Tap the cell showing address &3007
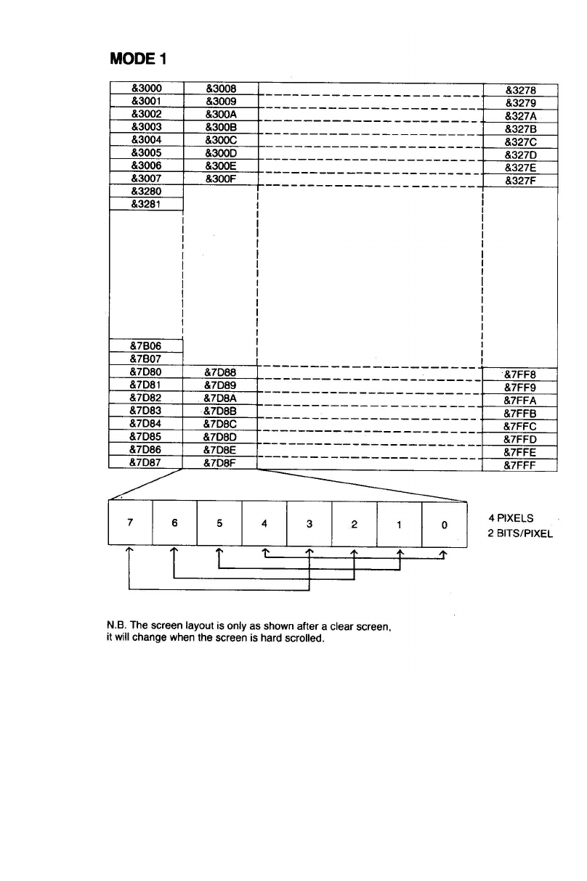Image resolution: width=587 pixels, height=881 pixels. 147,179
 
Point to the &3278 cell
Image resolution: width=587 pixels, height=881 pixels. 519,91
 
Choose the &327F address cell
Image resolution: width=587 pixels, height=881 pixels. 519,182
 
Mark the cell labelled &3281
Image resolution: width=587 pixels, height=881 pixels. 147,204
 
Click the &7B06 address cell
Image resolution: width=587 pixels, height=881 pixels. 147,345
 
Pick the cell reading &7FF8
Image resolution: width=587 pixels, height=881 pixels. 519,375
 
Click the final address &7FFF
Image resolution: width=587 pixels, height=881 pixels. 519,467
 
